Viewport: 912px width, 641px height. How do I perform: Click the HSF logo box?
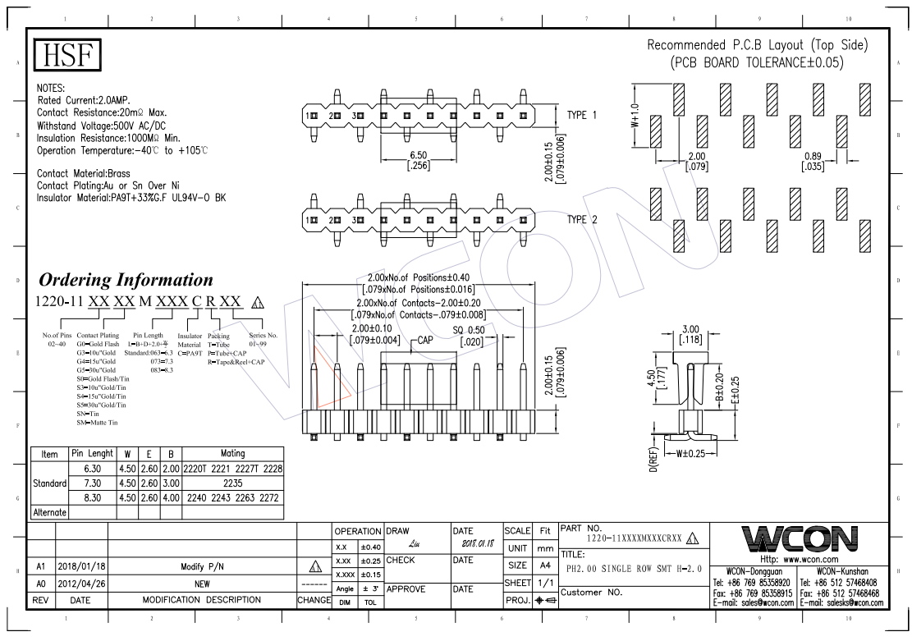[67, 55]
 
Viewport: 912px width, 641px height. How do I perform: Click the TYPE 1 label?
[582, 115]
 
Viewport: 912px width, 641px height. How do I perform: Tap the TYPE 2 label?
[582, 220]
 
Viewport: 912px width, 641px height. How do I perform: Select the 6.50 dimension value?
[418, 155]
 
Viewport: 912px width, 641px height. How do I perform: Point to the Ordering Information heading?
[126, 280]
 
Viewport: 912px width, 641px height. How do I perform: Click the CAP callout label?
[424, 339]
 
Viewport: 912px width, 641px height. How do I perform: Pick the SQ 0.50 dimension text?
[470, 330]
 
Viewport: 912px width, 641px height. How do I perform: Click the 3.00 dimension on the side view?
[690, 329]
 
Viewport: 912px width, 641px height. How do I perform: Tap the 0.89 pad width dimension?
[812, 156]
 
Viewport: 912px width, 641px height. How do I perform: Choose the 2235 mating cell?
[232, 483]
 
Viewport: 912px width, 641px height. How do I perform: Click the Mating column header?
[232, 453]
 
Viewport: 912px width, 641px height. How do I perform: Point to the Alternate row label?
[49, 512]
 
